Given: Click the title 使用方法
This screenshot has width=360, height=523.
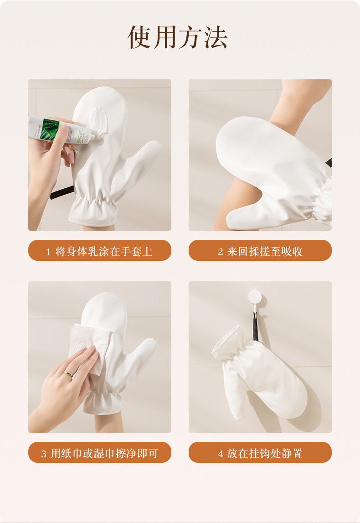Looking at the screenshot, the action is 177,37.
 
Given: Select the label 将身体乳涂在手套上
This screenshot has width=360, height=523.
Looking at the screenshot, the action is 103,251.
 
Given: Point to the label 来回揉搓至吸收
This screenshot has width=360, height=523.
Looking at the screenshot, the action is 265,251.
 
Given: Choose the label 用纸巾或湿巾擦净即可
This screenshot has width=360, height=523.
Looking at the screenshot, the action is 104,453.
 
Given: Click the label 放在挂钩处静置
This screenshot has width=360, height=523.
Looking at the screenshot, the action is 265,453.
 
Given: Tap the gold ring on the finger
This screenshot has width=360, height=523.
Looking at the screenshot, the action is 68,374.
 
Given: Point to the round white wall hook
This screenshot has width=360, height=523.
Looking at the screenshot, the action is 255,297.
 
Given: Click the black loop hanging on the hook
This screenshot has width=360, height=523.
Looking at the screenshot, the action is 255,326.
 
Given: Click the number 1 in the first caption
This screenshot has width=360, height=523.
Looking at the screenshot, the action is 48,252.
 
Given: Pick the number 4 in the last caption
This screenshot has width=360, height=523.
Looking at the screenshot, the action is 221,454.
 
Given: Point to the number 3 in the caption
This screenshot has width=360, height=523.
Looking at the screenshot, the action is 44,454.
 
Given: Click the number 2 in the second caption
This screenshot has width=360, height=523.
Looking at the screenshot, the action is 221,252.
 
